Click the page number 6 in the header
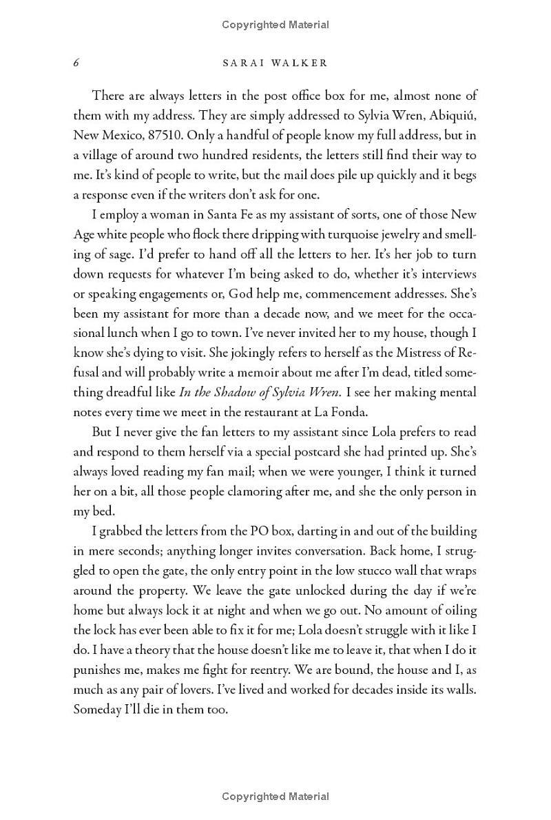[x=77, y=63]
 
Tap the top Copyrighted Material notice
[x=275, y=25]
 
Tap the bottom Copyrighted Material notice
[x=275, y=797]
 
